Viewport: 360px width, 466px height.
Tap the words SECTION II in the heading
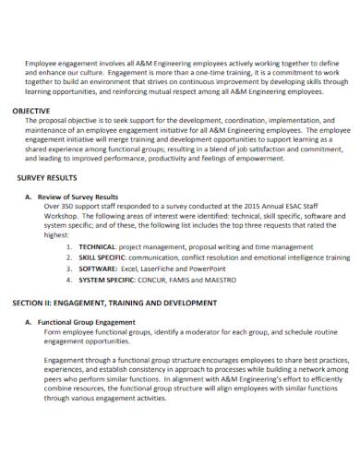coord(36,303)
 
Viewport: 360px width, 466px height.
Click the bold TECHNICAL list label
coord(97,247)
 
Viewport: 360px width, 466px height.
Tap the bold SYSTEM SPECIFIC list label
coord(108,280)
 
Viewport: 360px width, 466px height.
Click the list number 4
coord(70,280)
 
